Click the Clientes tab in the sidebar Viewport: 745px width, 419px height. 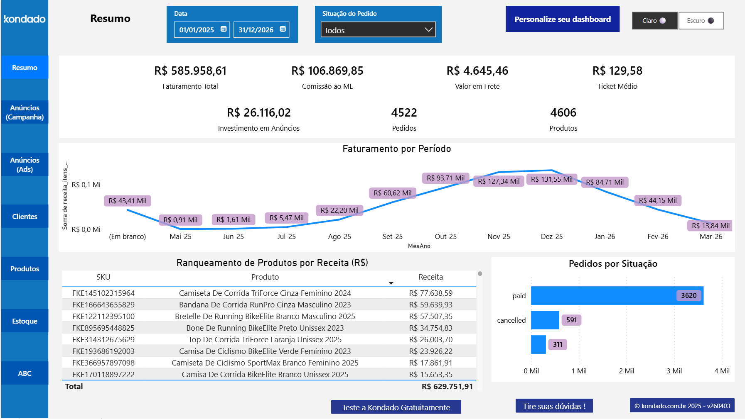[25, 217]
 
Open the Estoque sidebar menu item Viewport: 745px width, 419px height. [25, 321]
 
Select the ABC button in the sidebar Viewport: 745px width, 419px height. [25, 373]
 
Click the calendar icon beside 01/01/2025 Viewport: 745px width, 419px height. [224, 29]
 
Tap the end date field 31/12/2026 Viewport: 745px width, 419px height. [256, 30]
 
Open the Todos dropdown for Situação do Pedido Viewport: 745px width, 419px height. [378, 30]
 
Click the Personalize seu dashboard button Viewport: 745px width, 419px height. [562, 19]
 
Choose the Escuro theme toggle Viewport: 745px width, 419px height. [701, 21]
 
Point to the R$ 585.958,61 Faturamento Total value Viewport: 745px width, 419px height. [190, 71]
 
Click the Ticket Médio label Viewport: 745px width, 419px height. [617, 86]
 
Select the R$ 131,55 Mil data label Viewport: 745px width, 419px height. [551, 179]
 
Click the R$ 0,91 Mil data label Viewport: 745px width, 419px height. [180, 220]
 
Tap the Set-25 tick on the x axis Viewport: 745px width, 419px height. [392, 236]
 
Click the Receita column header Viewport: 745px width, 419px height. [430, 277]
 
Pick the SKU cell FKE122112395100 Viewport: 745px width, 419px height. [103, 316]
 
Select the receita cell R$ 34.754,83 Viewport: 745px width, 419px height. [430, 328]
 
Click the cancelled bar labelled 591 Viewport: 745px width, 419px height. [545, 320]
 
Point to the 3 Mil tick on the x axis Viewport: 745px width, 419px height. [674, 371]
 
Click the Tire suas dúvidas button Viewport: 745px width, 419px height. [554, 406]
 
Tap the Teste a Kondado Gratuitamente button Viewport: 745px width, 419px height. [396, 407]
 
